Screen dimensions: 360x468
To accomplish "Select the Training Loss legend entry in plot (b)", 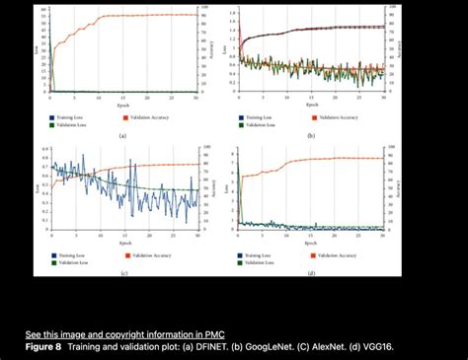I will tap(262, 115).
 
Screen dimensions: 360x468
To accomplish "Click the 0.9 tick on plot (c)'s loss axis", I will tap(45, 149).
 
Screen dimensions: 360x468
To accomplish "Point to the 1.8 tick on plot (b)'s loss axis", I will tap(232, 12).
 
